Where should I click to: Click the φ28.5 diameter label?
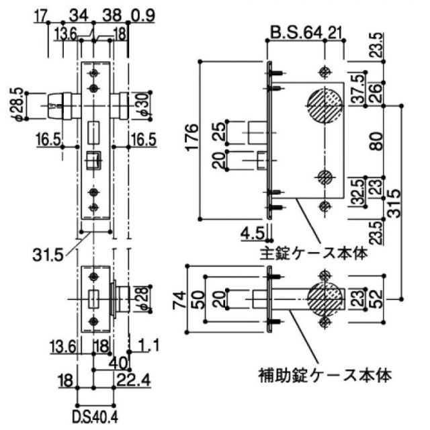[x=19, y=103]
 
